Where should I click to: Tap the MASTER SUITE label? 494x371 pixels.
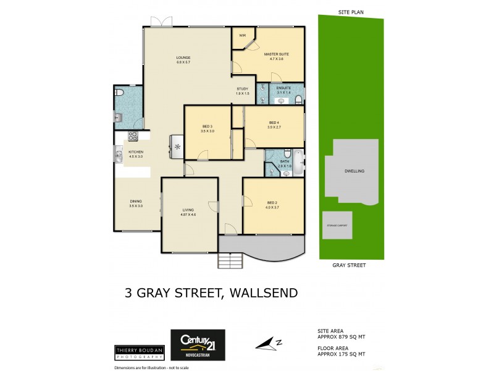pos(276,54)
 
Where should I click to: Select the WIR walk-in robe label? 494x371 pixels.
pos(243,35)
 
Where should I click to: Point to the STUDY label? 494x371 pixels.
pos(243,89)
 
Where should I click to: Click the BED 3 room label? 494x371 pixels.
pos(207,126)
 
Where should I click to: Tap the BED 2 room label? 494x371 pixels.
pos(272,203)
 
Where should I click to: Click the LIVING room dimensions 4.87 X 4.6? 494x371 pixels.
pos(188,214)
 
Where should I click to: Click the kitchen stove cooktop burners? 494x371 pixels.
pos(132,137)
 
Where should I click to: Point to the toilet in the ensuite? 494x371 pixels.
pos(298,99)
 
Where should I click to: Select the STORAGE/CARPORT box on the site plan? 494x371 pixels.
pos(337,226)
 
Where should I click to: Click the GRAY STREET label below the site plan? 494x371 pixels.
pos(349,265)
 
